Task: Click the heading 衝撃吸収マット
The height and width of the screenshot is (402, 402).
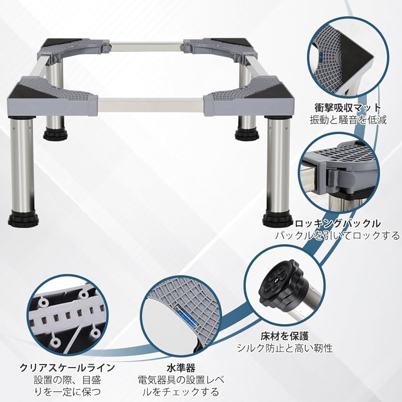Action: click(347, 108)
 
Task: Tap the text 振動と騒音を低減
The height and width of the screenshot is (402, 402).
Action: click(348, 120)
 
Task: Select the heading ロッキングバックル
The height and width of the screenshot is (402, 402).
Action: click(338, 223)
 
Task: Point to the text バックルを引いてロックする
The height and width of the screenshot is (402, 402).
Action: click(337, 235)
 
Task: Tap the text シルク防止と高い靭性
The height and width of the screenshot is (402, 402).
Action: click(285, 348)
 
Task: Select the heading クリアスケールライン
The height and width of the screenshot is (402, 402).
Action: click(67, 368)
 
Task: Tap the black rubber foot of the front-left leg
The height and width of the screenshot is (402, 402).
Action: click(23, 220)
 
